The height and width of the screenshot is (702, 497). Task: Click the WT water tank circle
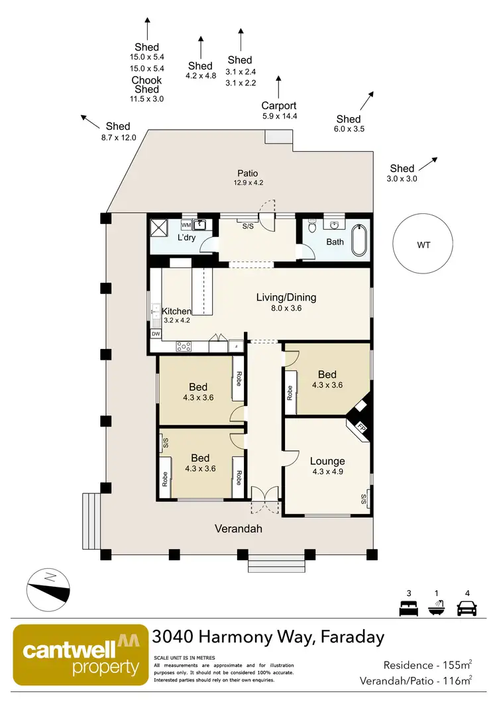point(424,245)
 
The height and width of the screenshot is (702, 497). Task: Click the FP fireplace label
point(362,426)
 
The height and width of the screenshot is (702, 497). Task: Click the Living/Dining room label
point(286,297)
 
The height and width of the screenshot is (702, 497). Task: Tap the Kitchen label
point(177,311)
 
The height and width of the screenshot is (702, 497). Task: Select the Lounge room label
point(327,461)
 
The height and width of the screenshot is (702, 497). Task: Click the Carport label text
point(279,105)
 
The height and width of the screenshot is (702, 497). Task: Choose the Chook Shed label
point(146,85)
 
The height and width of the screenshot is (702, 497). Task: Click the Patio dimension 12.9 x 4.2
point(248,183)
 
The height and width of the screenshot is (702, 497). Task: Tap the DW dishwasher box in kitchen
point(156,334)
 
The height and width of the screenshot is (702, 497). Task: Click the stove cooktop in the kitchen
point(184,346)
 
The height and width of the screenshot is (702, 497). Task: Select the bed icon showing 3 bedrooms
point(406,607)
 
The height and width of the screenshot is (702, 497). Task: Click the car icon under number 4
point(467,607)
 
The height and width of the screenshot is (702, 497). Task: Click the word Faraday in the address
point(352,637)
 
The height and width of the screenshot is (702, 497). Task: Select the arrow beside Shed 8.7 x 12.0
point(89,120)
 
